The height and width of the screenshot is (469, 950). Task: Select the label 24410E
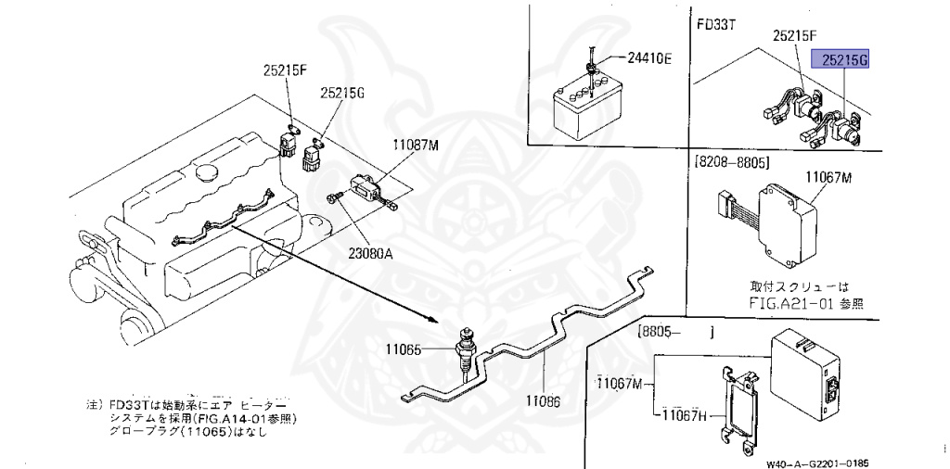[650, 58]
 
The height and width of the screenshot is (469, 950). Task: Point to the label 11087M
[414, 145]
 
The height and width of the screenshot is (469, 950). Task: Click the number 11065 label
[404, 349]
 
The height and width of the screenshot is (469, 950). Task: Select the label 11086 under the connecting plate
[544, 401]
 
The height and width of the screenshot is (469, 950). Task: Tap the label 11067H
[685, 416]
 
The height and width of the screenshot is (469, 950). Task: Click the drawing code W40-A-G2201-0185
[819, 461]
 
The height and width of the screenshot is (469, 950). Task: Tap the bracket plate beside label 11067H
[740, 402]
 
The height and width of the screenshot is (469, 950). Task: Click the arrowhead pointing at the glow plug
[433, 318]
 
